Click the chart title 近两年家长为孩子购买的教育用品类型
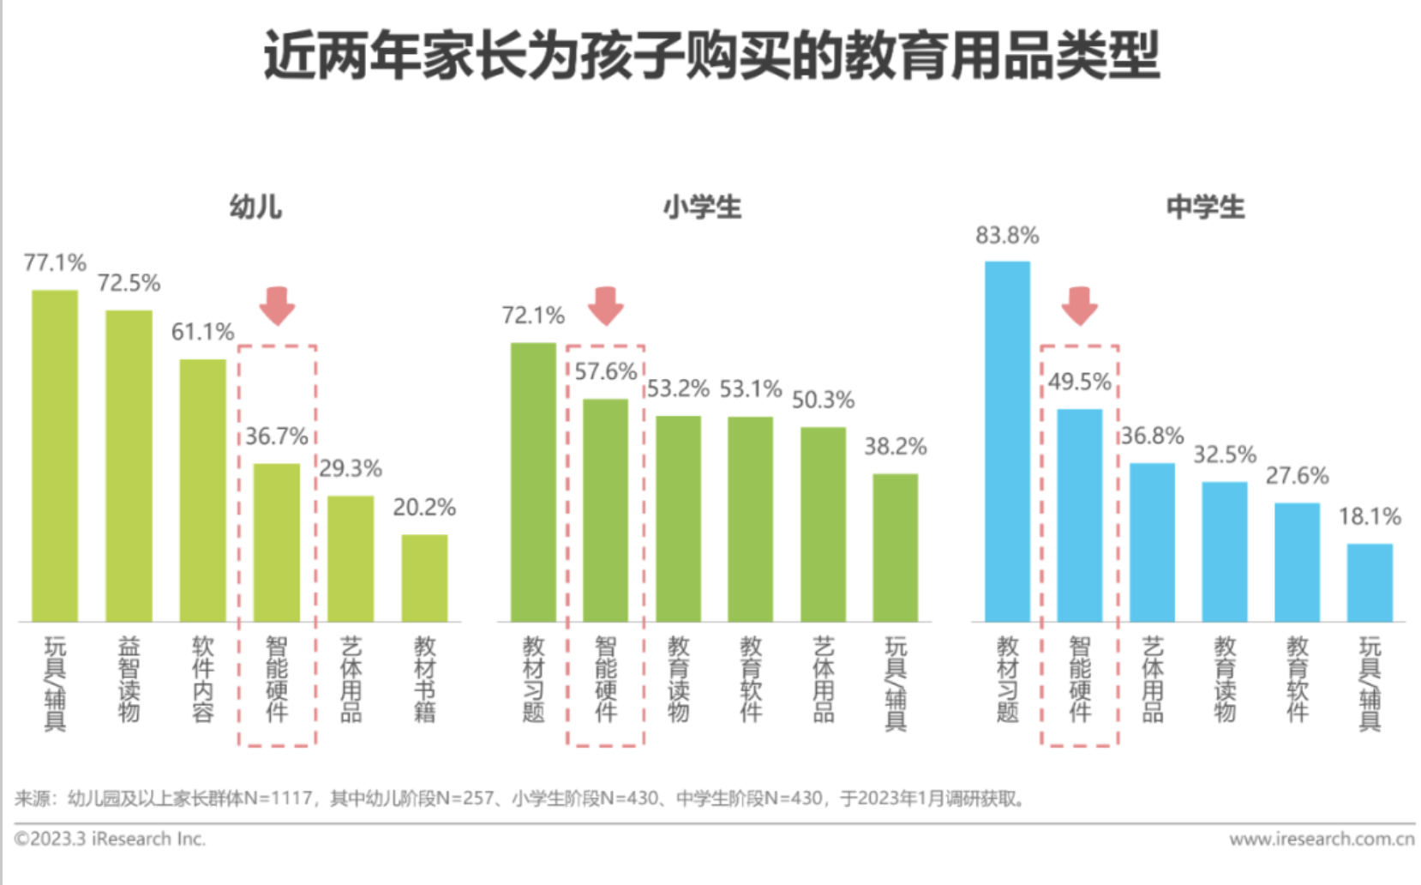710,57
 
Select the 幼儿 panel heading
255,207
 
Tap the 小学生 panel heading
702,207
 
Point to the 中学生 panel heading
1205,207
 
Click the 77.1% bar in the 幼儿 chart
55,455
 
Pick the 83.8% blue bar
1007,441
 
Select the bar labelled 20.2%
424,578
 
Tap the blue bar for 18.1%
1369,582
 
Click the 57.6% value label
605,371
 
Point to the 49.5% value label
1079,382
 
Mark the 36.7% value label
276,436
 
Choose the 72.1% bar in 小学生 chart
533,482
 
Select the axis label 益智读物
129,678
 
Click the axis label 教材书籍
424,678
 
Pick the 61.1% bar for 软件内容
202,490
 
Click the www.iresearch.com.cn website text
1322,839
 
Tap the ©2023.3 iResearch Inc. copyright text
110,839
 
